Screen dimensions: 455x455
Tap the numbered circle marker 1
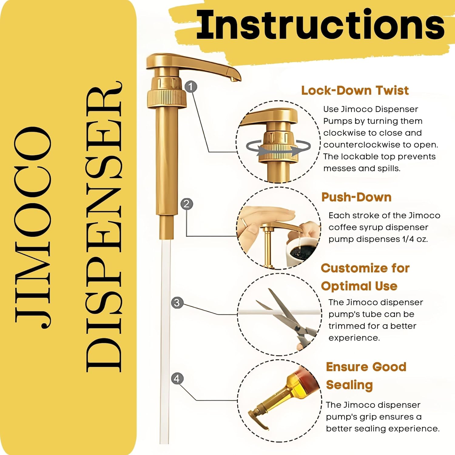(x=190, y=87)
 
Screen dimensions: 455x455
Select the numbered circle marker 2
(x=187, y=204)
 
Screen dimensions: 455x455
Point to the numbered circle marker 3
(x=177, y=303)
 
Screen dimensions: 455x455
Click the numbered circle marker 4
(x=177, y=379)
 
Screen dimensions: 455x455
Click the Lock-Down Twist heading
(x=355, y=90)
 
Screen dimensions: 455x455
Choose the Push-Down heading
(x=356, y=197)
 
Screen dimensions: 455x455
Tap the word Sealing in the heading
(x=349, y=385)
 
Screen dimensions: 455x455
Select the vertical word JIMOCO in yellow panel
(x=33, y=227)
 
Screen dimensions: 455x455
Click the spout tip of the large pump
(x=234, y=79)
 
